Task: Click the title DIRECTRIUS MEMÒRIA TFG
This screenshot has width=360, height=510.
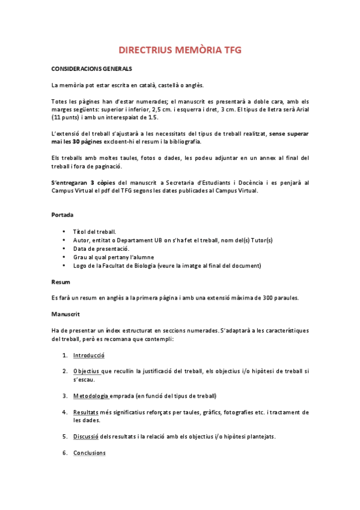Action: click(x=180, y=51)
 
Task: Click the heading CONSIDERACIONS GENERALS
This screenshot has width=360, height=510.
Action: click(x=91, y=69)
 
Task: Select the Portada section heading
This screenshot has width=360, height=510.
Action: click(x=63, y=214)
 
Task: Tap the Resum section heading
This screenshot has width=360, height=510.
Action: click(x=60, y=281)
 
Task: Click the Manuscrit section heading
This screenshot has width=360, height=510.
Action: click(x=66, y=314)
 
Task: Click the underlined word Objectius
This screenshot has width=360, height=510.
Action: click(x=87, y=371)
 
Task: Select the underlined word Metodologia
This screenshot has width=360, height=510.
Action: click(x=91, y=396)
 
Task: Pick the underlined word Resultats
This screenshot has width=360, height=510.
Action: click(x=86, y=412)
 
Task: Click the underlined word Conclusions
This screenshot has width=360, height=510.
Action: click(x=90, y=452)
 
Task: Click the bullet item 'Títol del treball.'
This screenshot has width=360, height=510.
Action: click(x=94, y=232)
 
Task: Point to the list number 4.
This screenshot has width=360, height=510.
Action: click(x=64, y=412)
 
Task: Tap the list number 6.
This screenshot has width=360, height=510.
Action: click(x=64, y=452)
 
